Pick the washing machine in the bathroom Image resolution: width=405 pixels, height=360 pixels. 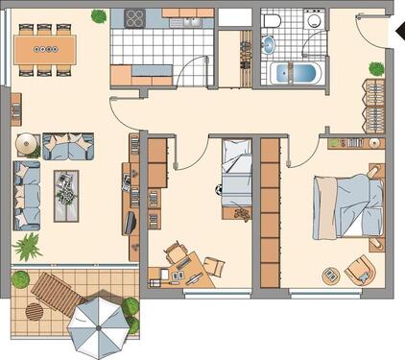tap(314, 23)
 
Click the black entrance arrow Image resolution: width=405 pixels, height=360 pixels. tap(398, 30)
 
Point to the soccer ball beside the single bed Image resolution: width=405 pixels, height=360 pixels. tap(220, 189)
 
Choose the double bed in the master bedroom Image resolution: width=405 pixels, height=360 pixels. tap(346, 204)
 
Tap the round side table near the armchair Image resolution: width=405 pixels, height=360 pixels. tap(330, 276)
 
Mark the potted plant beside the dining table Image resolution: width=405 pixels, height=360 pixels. tap(99, 15)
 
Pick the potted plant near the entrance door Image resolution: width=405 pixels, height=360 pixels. tap(376, 69)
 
